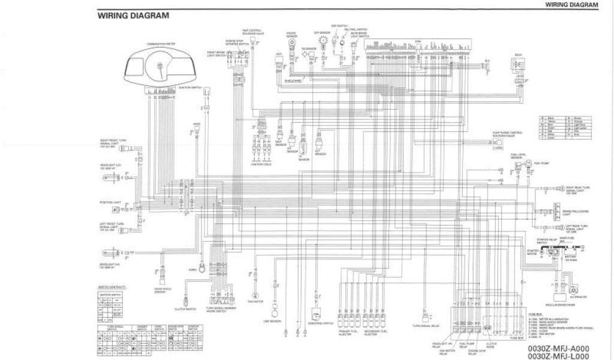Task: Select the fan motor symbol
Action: point(255,296)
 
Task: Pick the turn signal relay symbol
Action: point(426,317)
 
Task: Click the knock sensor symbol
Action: point(291,53)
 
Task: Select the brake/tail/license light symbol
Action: point(552,211)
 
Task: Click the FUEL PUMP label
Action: point(541,163)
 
